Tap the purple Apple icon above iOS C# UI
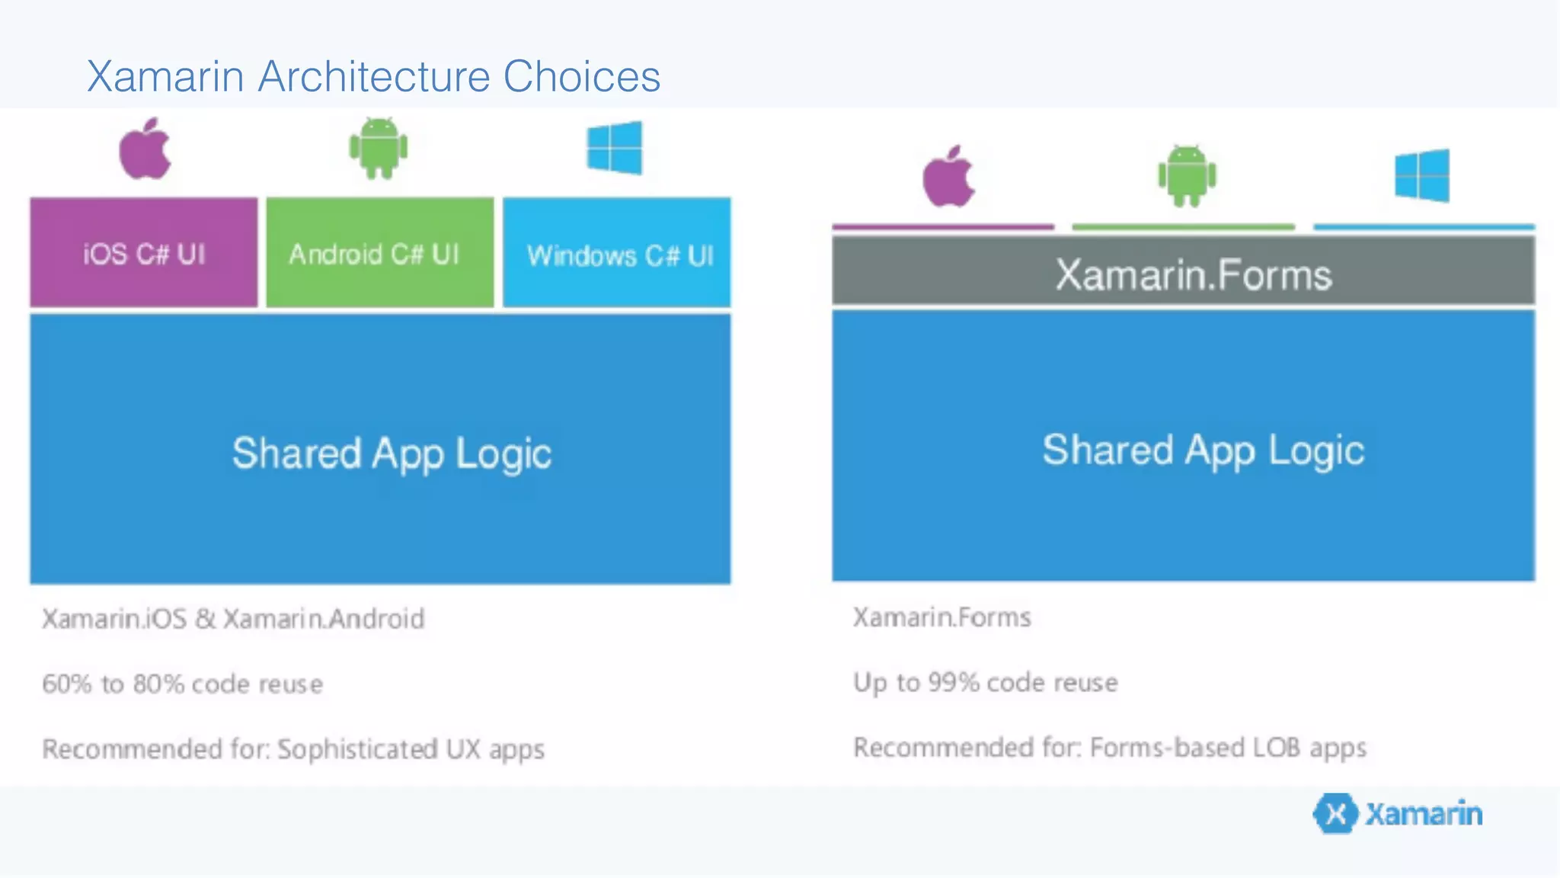point(145,150)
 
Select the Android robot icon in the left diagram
point(379,149)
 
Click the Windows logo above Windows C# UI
point(615,148)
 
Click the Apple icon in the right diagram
point(948,178)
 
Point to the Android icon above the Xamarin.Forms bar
point(1187,177)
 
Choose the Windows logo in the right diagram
point(1422,176)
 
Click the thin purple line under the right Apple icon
point(943,226)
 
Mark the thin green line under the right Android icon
point(1183,226)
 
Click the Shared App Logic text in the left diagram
point(392,453)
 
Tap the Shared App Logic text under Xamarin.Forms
point(1203,450)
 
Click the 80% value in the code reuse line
point(158,684)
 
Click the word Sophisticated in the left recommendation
point(357,749)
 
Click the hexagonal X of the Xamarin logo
point(1335,814)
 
